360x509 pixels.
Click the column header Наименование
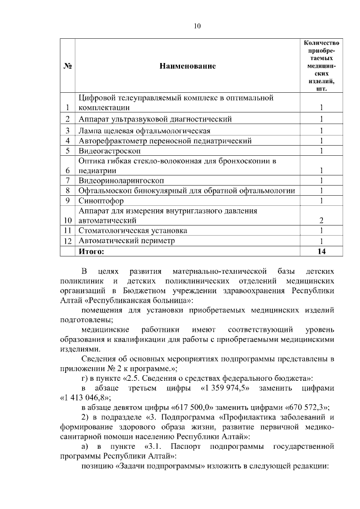point(187,66)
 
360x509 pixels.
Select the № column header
point(67,66)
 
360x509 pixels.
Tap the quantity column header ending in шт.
point(321,65)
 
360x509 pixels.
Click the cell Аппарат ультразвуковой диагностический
point(155,119)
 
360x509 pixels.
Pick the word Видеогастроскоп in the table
point(110,150)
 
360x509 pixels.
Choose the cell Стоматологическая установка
point(133,231)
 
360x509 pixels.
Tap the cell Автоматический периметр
point(127,241)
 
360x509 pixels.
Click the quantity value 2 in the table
point(321,220)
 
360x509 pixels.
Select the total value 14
point(321,251)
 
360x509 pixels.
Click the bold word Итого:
point(92,251)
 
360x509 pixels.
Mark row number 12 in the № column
point(67,241)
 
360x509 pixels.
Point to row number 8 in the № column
point(67,190)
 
